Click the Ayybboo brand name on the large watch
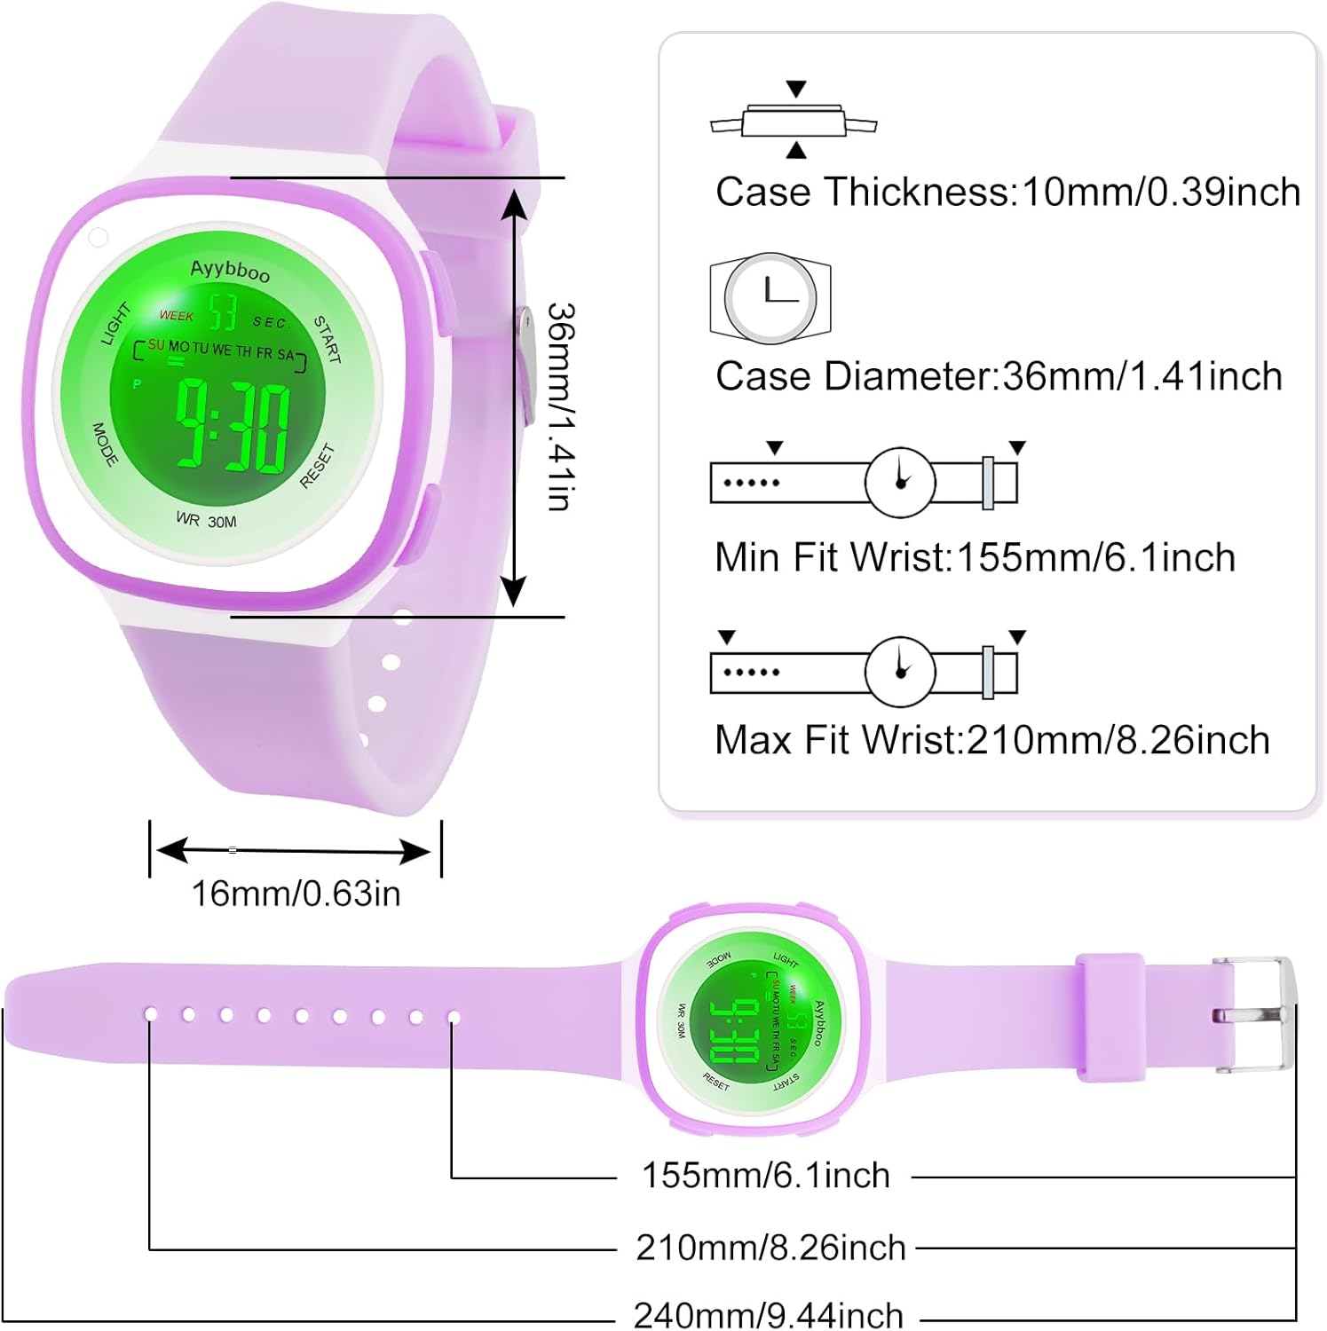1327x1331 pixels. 230,270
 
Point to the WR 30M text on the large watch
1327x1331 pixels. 206,520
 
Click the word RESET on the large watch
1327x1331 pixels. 317,466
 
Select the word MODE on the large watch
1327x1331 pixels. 105,444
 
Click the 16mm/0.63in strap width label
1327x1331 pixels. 296,894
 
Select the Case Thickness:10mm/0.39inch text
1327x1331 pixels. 1007,192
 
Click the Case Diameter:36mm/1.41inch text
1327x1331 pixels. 999,376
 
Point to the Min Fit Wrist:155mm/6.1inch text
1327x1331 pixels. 975,558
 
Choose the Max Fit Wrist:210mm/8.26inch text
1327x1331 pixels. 991,740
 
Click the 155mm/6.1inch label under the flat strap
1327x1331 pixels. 765,1176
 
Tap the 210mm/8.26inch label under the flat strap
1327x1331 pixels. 770,1248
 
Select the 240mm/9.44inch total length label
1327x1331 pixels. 769,1314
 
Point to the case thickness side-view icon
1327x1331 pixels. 794,120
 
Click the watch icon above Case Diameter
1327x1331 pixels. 770,298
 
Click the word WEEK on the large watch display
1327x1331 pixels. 176,316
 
